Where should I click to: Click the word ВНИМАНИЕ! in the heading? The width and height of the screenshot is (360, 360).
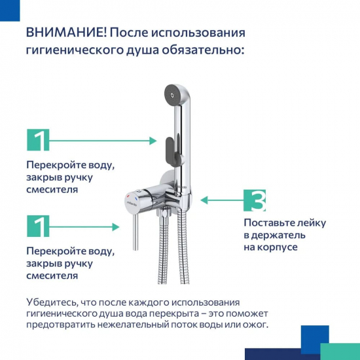[63, 33]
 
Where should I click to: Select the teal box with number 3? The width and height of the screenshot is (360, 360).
[255, 200]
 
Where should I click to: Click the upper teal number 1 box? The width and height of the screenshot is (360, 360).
[38, 141]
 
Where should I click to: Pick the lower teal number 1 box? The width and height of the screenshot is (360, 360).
[38, 226]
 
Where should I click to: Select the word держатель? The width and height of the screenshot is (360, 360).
[279, 235]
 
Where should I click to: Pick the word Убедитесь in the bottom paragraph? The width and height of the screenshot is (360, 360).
[50, 302]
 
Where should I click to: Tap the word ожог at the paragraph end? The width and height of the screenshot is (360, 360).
[255, 324]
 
